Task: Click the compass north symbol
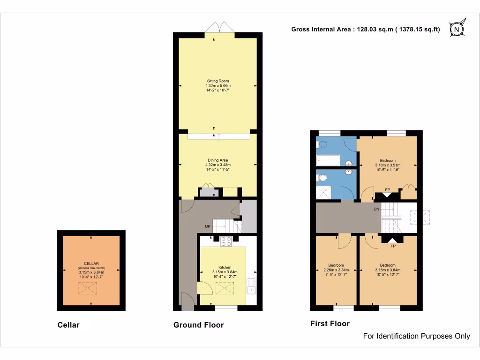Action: (457, 29)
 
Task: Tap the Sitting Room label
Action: (218, 86)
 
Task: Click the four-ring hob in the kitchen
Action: (226, 241)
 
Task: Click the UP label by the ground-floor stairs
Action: (207, 227)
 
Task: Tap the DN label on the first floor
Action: (376, 209)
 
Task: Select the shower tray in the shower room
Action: (323, 192)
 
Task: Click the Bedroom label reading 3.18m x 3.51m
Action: (388, 165)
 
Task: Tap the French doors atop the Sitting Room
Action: (219, 27)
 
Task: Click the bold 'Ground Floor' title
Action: (198, 325)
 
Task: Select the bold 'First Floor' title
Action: (330, 323)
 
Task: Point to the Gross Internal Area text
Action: (366, 29)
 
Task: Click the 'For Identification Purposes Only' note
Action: (417, 336)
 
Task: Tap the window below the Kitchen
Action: (226, 308)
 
